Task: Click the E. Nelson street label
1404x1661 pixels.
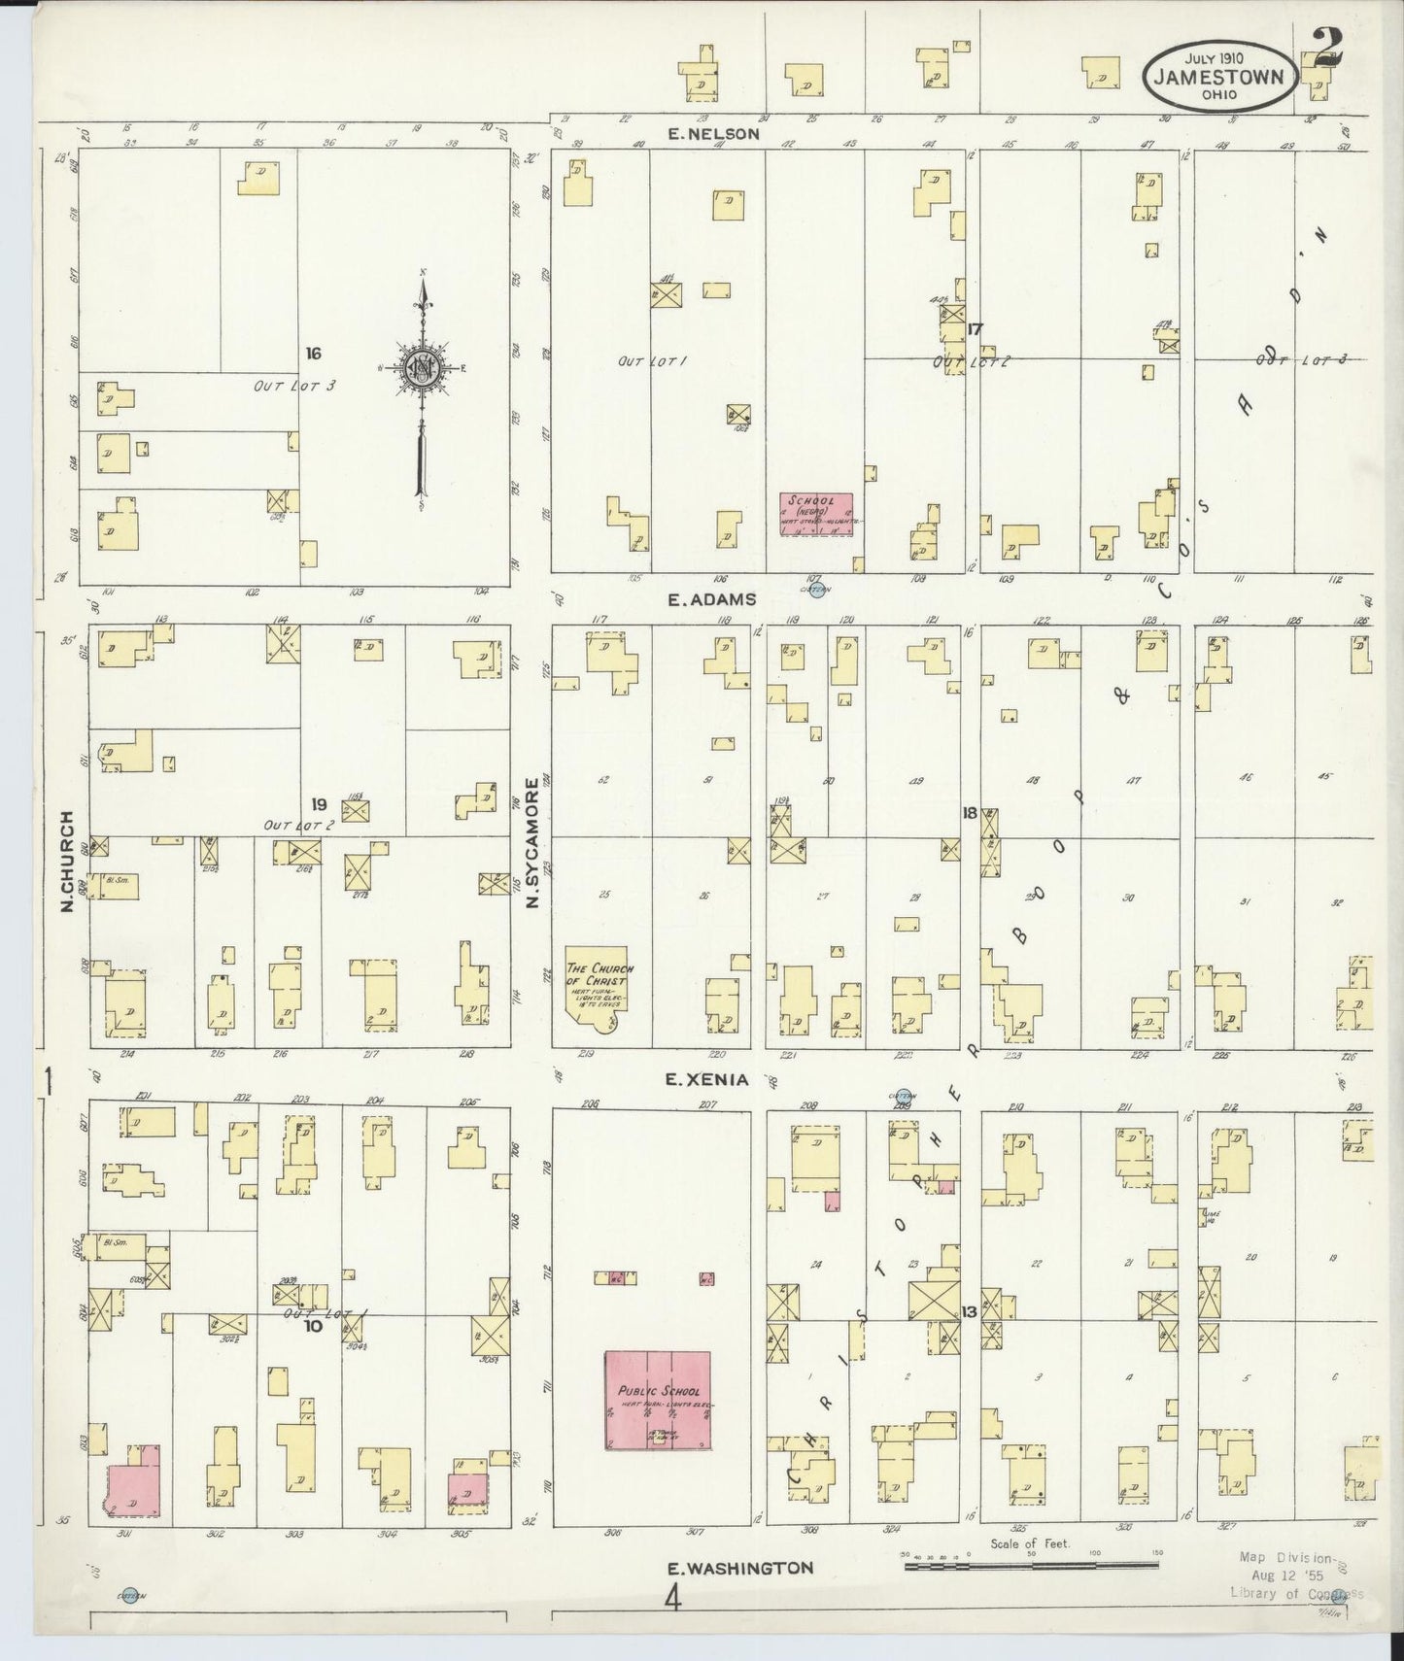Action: [x=713, y=134]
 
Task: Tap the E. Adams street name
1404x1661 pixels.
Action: [x=712, y=599]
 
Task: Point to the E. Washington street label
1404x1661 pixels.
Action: [x=740, y=1567]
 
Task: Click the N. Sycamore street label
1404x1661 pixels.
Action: [x=531, y=844]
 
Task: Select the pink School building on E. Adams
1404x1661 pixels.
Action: [x=815, y=514]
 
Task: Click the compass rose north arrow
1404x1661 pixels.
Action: [x=423, y=369]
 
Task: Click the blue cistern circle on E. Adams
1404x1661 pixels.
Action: [x=817, y=589]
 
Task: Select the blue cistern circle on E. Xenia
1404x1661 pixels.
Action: [x=904, y=1097]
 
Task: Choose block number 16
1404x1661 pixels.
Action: [x=312, y=354]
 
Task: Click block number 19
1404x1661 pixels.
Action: [x=319, y=804]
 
